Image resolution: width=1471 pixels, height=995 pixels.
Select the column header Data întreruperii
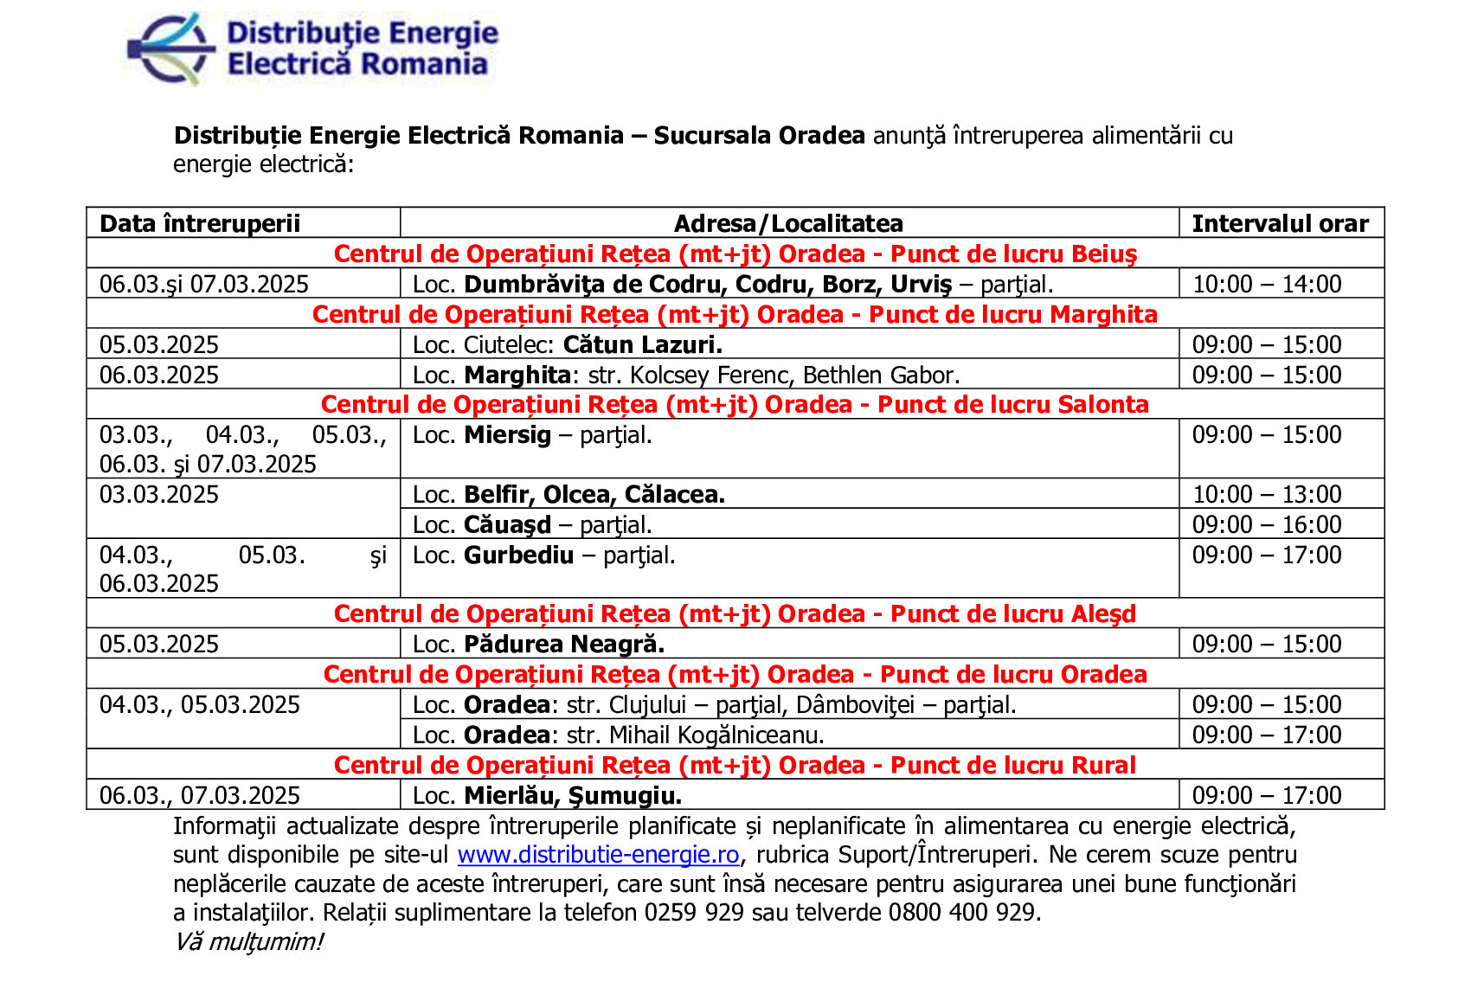pyautogui.click(x=200, y=223)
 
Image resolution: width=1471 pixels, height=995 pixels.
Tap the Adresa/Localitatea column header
pyautogui.click(x=788, y=223)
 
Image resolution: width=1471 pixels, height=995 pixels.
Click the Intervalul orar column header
pyautogui.click(x=1280, y=223)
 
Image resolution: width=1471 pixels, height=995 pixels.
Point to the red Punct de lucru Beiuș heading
pyautogui.click(x=735, y=254)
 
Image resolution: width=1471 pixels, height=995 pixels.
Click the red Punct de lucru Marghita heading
pyautogui.click(x=735, y=314)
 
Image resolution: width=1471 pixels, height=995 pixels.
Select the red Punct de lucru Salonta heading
pyautogui.click(x=735, y=404)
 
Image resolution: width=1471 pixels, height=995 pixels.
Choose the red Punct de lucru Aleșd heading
pyautogui.click(x=735, y=613)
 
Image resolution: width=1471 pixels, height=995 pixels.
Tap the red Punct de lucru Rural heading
pyautogui.click(x=735, y=765)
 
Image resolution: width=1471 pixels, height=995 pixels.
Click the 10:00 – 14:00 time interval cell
pyautogui.click(x=1267, y=284)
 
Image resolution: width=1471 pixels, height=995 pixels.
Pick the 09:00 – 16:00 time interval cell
pyautogui.click(x=1267, y=524)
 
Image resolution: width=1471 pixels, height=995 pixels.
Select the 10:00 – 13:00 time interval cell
pyautogui.click(x=1267, y=494)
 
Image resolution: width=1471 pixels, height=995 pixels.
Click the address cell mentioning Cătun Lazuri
pyautogui.click(x=568, y=344)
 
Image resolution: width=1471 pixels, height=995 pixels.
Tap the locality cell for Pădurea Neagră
pyautogui.click(x=539, y=644)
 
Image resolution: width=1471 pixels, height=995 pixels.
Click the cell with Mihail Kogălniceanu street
pyautogui.click(x=619, y=735)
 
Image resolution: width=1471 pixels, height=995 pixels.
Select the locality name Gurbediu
pyautogui.click(x=519, y=555)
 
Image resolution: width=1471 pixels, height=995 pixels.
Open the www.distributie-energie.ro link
pyautogui.click(x=598, y=855)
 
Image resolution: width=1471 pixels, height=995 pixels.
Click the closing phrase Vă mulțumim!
pyautogui.click(x=248, y=941)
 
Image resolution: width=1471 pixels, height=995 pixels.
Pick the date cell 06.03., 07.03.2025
pyautogui.click(x=200, y=795)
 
